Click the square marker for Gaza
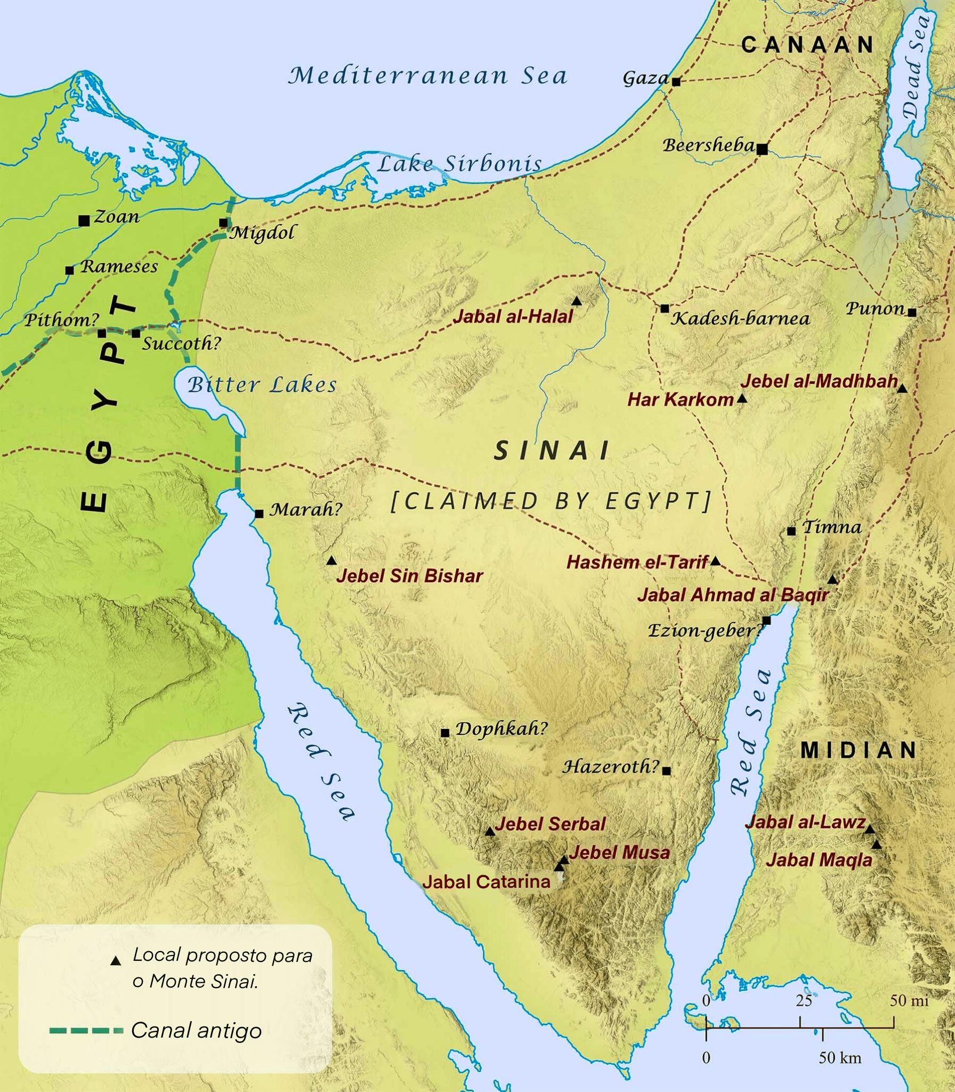click(676, 82)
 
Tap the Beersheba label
click(708, 145)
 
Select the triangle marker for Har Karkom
click(742, 399)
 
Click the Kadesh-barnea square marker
click(665, 308)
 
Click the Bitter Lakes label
click(263, 384)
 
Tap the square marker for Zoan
click(84, 221)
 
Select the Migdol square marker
click(224, 223)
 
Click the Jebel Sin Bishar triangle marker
click(331, 560)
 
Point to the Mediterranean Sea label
click(427, 75)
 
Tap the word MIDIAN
click(858, 750)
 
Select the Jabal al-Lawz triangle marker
click(869, 829)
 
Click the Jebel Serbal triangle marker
click(490, 831)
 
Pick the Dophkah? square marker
click(445, 733)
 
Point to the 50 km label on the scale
click(840, 1057)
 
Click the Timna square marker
click(791, 531)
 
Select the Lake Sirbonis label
click(459, 164)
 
